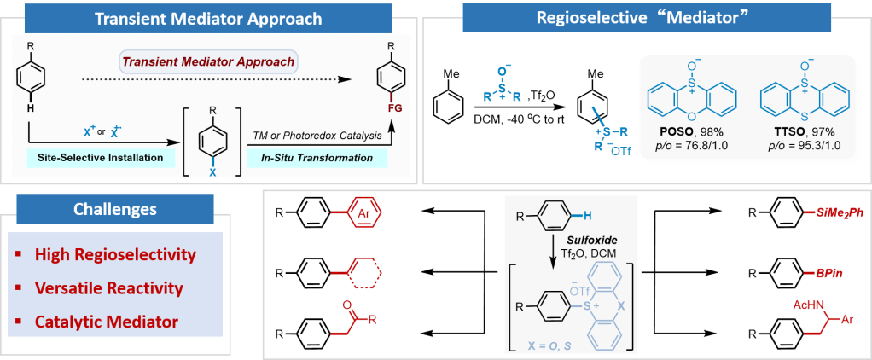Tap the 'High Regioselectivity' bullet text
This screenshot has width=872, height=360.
pos(115,254)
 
